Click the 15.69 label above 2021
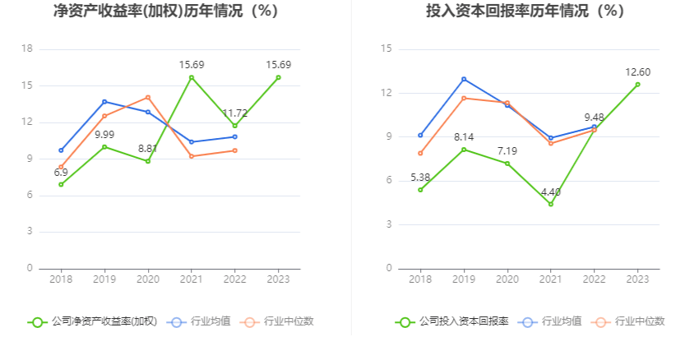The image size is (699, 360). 192,64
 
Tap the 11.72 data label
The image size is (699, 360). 234,113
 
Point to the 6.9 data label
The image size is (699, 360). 61,173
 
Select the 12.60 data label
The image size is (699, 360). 637,72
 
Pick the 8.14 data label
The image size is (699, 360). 464,137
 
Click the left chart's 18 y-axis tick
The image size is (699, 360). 27,49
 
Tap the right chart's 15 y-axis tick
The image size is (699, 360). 385,49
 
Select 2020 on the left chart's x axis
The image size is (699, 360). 148,279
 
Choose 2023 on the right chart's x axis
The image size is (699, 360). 637,279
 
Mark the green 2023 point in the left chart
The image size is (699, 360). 278,77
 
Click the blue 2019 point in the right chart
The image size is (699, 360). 464,79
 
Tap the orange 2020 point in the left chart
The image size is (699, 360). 148,97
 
